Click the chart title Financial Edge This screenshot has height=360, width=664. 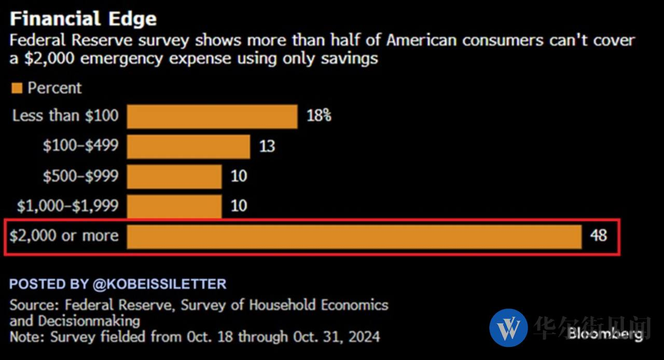[x=83, y=19]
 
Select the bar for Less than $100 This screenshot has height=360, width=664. [x=212, y=116]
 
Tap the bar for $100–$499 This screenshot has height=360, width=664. [x=188, y=146]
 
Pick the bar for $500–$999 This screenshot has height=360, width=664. [x=174, y=176]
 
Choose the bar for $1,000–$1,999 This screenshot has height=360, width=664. [x=174, y=206]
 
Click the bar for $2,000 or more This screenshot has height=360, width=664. [x=354, y=237]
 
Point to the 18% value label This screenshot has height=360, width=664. [x=319, y=116]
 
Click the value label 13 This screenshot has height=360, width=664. [x=267, y=146]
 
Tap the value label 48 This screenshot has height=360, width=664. [x=598, y=236]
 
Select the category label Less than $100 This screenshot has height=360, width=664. [x=65, y=116]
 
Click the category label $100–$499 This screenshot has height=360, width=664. [x=80, y=146]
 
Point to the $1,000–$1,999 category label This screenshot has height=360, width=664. [x=67, y=206]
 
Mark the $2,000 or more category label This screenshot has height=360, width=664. [x=64, y=236]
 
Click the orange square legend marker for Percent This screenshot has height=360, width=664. [x=17, y=88]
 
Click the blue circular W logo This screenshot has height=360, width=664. [x=508, y=328]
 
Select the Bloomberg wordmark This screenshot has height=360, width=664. [x=605, y=333]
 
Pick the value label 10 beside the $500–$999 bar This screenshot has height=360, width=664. [x=239, y=176]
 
